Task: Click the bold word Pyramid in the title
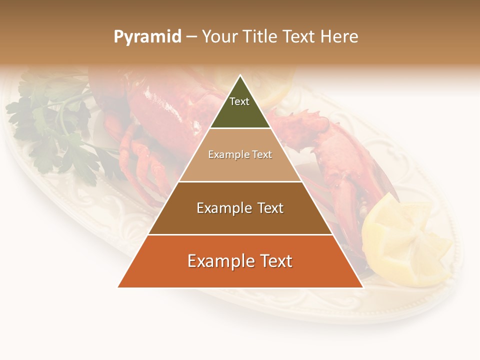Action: tap(147, 36)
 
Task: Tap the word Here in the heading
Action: tap(339, 36)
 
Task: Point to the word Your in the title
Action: tap(219, 36)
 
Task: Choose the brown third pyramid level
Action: tap(240, 220)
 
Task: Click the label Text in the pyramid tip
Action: tap(239, 101)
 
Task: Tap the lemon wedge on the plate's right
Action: tap(405, 240)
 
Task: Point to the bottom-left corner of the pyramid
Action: tap(118, 287)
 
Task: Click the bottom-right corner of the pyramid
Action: tap(362, 287)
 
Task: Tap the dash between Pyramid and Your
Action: tap(191, 36)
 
